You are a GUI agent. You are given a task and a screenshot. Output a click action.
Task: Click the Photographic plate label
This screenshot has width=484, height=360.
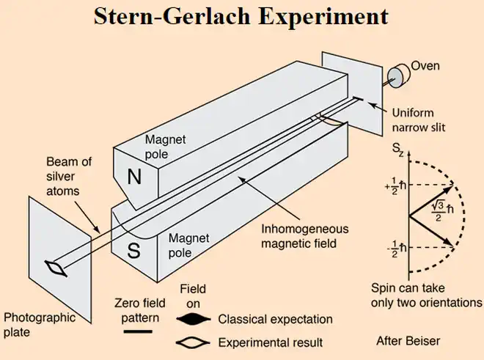40,325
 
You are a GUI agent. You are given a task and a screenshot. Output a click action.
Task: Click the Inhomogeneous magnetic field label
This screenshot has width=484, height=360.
303,234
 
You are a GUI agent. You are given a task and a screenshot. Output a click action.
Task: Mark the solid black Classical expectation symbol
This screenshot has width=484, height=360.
194,319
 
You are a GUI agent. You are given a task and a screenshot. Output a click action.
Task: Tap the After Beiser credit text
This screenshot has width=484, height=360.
408,340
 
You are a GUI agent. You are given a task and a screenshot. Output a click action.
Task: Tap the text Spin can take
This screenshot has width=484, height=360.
408,288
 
